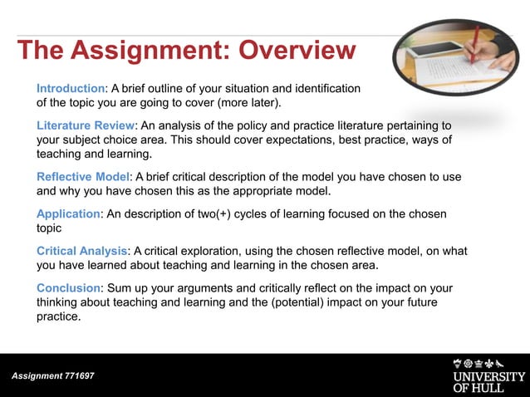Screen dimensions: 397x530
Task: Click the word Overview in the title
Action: (x=297, y=51)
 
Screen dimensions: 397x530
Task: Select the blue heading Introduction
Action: (x=71, y=88)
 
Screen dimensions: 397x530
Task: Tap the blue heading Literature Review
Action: (x=85, y=125)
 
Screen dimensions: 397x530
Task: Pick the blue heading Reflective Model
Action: (x=83, y=177)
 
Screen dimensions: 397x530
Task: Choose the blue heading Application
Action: (x=68, y=214)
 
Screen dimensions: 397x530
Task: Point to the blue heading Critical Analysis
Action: (x=81, y=251)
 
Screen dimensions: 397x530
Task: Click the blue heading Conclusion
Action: (x=68, y=287)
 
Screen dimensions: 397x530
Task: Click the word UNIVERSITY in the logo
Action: (x=489, y=376)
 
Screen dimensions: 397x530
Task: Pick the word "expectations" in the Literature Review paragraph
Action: (x=312, y=140)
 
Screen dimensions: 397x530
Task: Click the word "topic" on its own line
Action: (x=49, y=229)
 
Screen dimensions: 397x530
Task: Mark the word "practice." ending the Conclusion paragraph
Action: (x=58, y=316)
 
